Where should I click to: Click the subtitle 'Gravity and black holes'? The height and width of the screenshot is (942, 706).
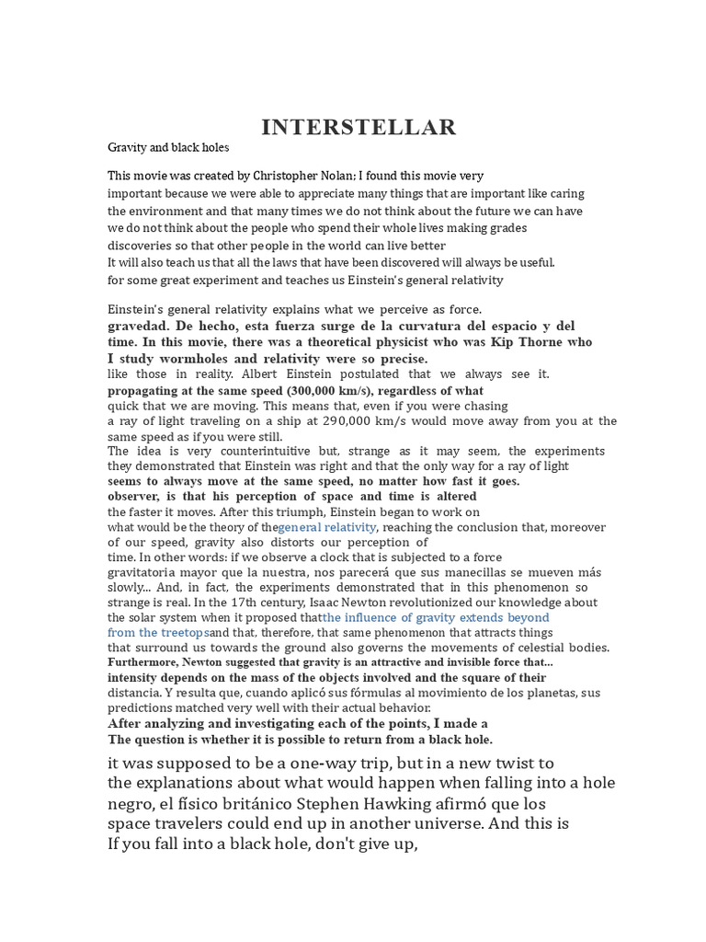coord(168,147)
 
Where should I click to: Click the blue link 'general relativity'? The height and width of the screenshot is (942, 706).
coord(327,527)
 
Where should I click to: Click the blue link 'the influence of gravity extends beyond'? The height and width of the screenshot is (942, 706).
coord(436,617)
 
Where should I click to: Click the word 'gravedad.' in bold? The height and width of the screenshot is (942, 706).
coord(138,326)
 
